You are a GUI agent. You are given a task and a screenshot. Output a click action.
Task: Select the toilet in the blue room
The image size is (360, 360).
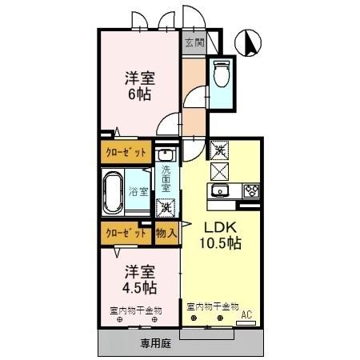click(221, 74)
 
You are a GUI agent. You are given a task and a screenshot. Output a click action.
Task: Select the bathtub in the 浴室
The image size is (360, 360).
click(115, 190)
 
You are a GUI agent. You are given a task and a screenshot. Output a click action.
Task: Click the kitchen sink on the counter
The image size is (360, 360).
click(218, 190)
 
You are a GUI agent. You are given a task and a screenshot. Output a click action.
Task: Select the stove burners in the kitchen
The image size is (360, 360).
click(250, 190)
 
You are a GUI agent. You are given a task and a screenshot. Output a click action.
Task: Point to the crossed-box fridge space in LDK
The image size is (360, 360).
click(219, 169)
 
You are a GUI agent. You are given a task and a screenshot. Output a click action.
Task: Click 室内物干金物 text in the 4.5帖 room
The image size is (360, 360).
click(136, 309)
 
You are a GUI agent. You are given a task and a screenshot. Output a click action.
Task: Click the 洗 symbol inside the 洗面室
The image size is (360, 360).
click(166, 206)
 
